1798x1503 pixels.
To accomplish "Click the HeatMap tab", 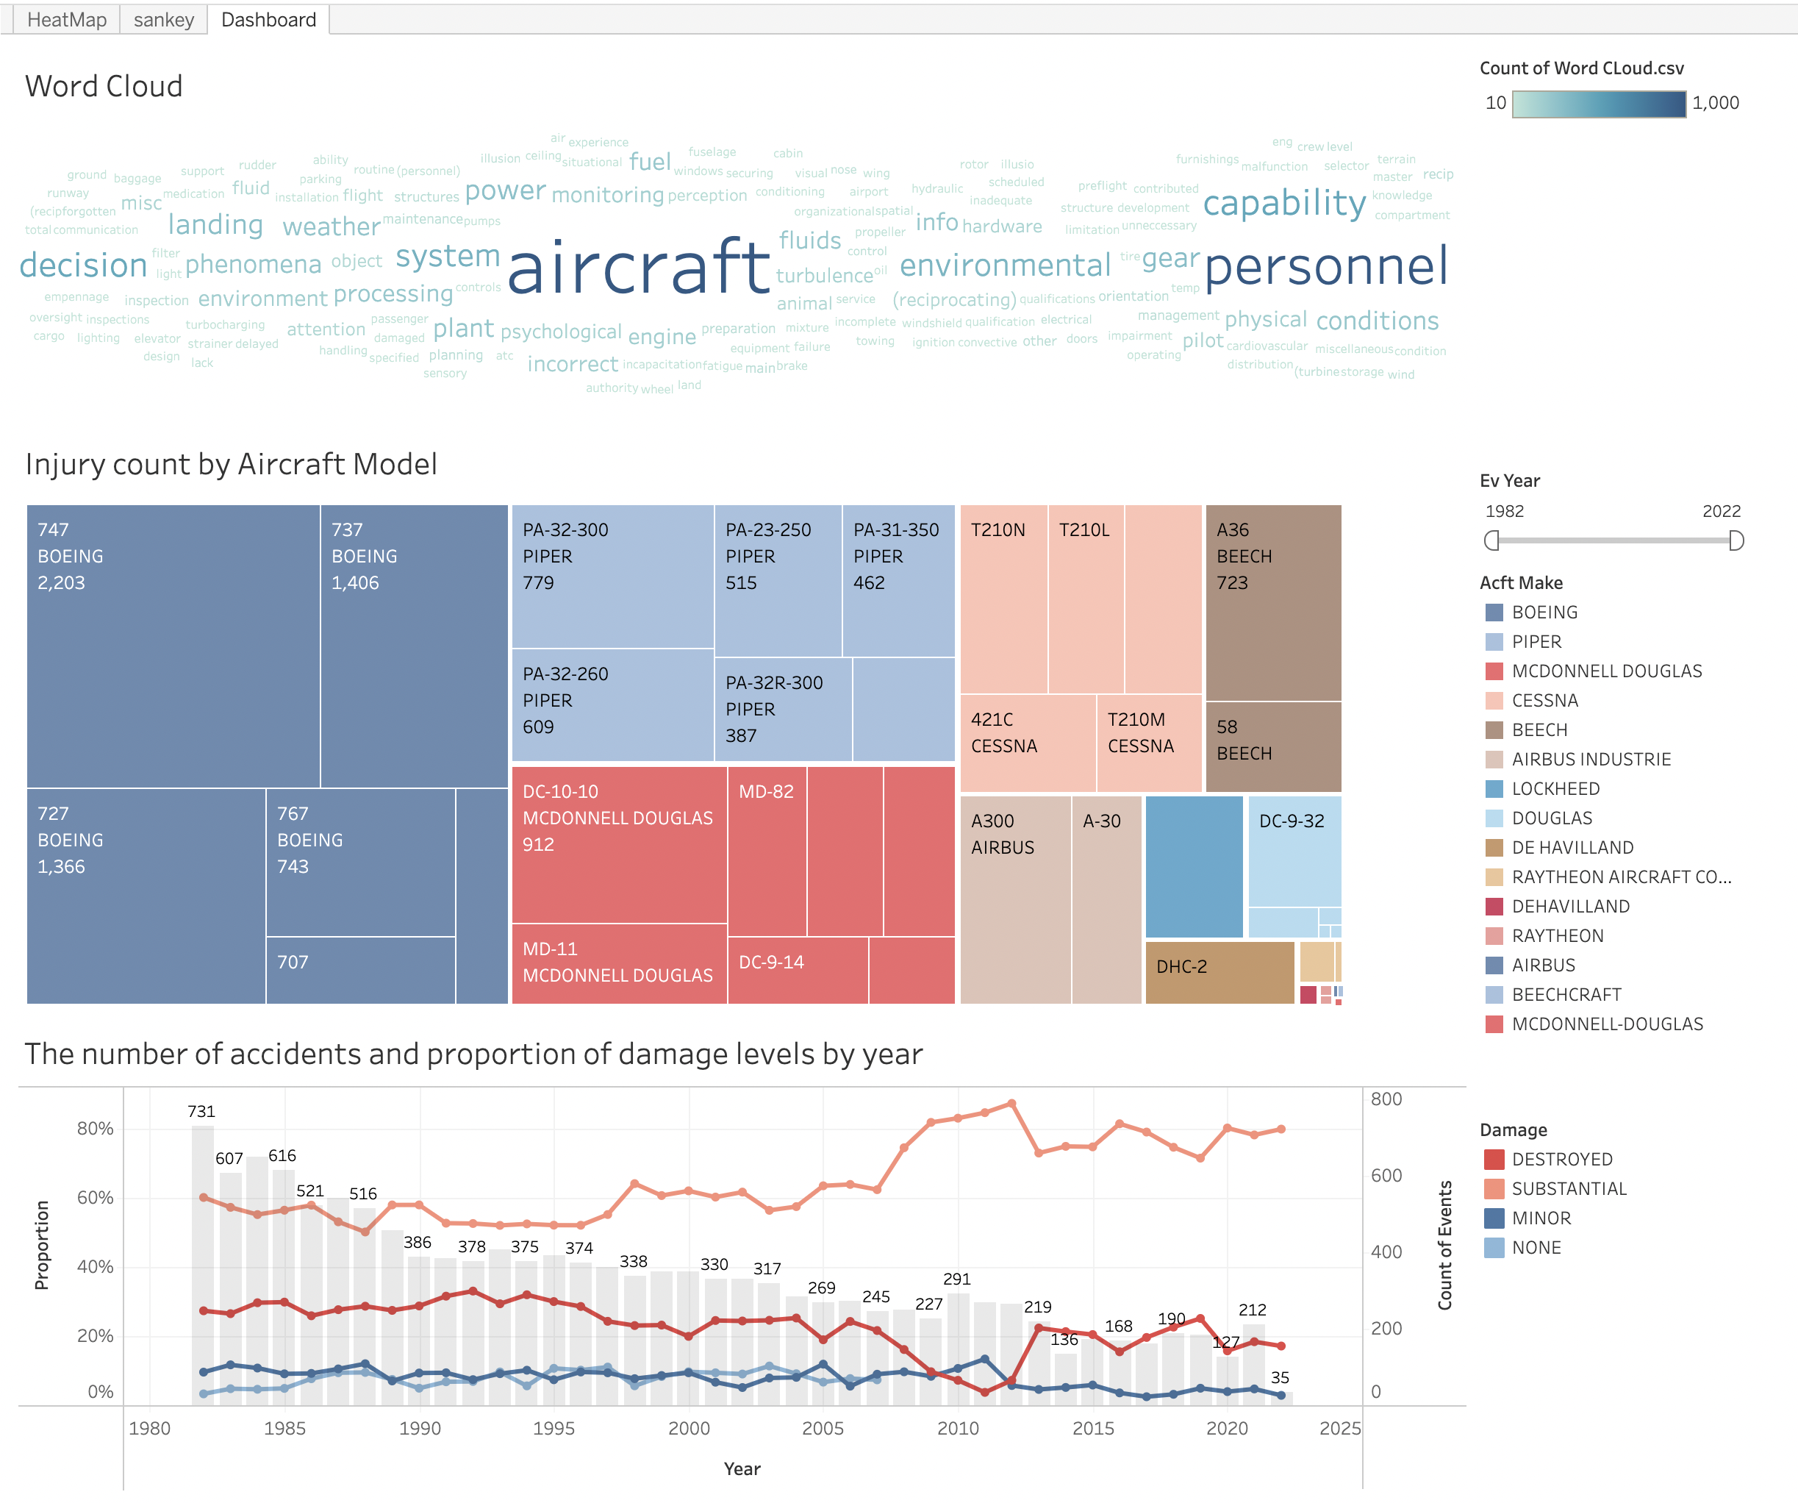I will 67,20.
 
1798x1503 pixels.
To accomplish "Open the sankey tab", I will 163,20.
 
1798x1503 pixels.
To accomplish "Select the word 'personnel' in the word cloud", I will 1325,266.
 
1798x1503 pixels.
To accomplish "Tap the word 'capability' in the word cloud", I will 1283,203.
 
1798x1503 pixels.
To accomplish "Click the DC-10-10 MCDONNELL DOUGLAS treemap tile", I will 618,843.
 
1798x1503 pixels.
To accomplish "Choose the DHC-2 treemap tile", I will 1218,971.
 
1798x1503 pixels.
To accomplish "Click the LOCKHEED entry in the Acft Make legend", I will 1555,789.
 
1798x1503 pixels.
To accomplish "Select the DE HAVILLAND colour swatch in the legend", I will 1494,848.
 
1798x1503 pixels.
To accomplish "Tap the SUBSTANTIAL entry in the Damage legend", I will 1569,1189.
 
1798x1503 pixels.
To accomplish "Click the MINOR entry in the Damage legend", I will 1541,1218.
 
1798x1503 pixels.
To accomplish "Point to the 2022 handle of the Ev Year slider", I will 1736,540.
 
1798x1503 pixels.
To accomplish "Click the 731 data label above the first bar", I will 201,1112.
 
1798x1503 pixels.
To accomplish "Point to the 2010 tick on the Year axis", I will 957,1429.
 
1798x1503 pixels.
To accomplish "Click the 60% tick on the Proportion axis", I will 95,1197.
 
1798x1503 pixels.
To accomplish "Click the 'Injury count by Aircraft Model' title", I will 231,464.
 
